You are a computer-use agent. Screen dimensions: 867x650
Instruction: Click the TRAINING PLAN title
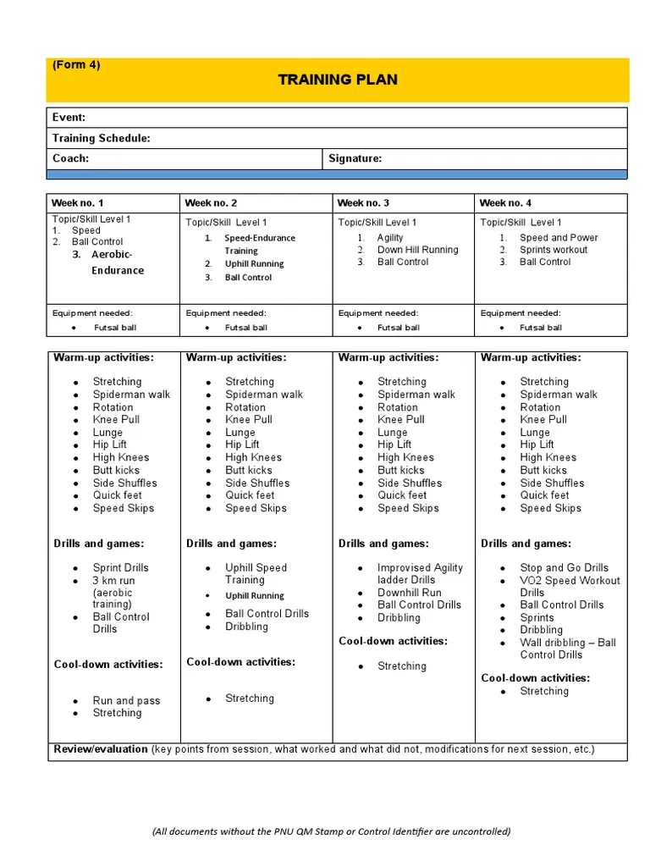tap(338, 80)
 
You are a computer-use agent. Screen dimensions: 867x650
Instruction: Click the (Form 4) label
tap(76, 64)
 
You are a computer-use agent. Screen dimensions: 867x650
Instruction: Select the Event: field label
tap(69, 118)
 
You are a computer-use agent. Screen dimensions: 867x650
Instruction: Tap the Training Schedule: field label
tap(102, 138)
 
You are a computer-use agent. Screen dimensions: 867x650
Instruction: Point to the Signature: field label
tap(355, 158)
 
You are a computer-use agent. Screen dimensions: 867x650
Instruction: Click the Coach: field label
tap(70, 158)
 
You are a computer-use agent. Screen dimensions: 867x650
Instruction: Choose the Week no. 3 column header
tap(363, 203)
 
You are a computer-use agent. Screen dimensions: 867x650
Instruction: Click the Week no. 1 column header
tap(77, 203)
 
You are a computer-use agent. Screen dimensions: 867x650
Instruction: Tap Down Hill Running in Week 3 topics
tap(417, 250)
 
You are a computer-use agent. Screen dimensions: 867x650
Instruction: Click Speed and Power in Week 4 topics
tap(559, 238)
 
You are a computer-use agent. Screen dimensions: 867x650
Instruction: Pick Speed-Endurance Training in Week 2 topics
tap(259, 245)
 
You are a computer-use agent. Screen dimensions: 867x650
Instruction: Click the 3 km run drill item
tap(113, 593)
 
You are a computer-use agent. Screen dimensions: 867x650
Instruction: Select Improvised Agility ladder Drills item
tap(420, 574)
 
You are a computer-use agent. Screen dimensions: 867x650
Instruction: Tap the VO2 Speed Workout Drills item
tap(570, 587)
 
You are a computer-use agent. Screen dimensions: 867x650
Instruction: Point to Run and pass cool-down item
tap(126, 701)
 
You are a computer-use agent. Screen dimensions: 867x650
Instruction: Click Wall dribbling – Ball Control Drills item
tap(568, 649)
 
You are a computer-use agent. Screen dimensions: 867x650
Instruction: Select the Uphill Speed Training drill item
tap(256, 574)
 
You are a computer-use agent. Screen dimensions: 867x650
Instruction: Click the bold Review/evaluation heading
tap(101, 749)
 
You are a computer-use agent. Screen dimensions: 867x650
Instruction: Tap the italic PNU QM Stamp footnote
tap(331, 831)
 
